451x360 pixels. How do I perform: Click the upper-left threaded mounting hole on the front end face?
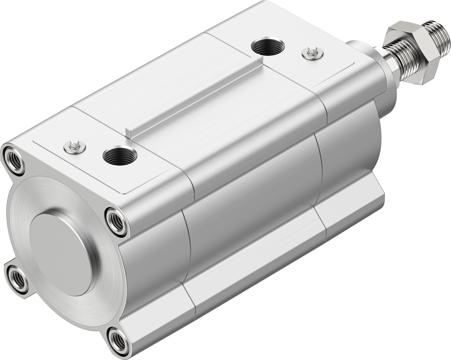coord(14,159)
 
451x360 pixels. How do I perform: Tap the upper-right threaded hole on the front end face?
coord(116,221)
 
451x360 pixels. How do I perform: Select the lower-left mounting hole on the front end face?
coord(17,279)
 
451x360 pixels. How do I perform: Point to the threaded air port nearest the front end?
coord(120,156)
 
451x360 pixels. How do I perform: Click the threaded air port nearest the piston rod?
coord(268,46)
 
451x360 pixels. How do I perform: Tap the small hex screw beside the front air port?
coord(75,147)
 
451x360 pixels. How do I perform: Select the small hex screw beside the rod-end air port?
coord(312,53)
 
